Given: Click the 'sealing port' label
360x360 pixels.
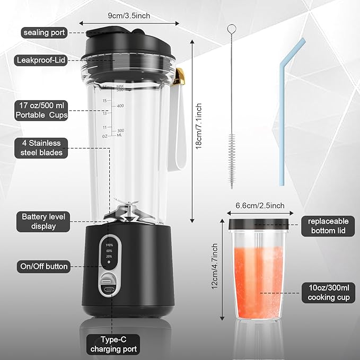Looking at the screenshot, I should (x=44, y=33).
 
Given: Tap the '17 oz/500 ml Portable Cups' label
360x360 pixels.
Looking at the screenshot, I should (x=41, y=110).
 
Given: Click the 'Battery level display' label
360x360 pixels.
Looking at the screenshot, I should (x=46, y=222).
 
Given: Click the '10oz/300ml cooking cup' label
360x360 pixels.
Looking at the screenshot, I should (x=329, y=293).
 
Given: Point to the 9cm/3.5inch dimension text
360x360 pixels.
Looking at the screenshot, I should (x=129, y=15).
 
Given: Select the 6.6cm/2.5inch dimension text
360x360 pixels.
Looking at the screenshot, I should (x=260, y=206).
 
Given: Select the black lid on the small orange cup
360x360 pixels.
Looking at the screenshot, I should (x=259, y=224).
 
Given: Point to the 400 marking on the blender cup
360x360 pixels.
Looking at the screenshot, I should (x=120, y=106).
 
